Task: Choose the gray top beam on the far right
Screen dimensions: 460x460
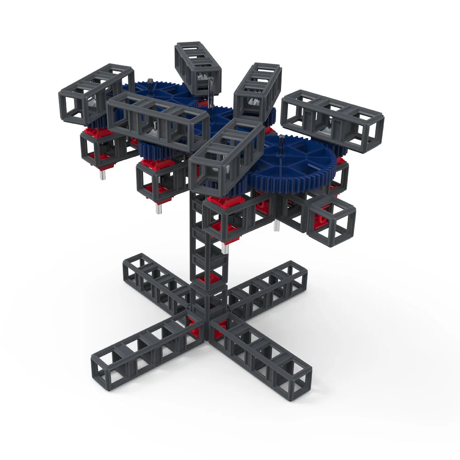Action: (x=332, y=121)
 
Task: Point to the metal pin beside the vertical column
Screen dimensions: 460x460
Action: (x=223, y=248)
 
